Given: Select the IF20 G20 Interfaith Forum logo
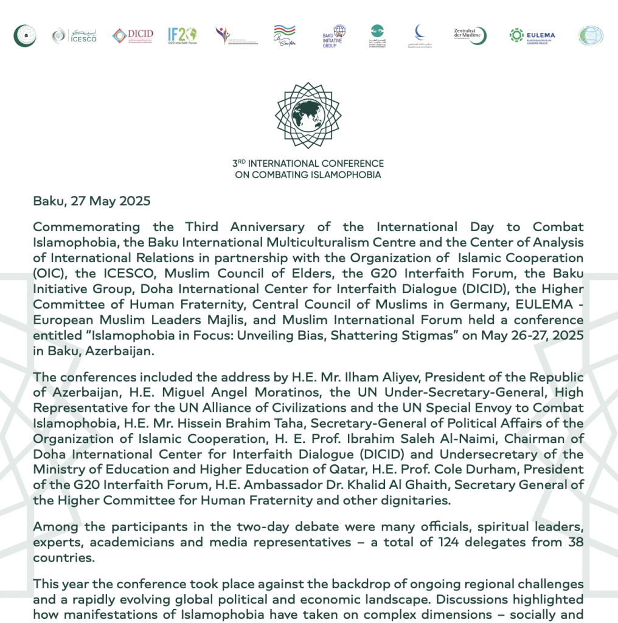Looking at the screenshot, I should (182, 35).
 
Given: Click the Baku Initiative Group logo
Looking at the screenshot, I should (334, 36).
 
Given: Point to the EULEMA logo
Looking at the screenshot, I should (532, 35).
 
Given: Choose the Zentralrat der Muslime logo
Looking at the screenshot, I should (470, 35).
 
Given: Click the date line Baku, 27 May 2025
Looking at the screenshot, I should (92, 201).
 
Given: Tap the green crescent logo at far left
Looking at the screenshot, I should (25, 35).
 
